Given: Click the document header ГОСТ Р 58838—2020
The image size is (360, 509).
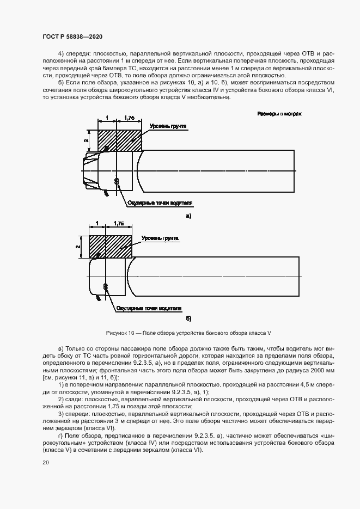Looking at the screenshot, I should click(x=72, y=36).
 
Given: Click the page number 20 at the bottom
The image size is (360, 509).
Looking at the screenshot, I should click(x=46, y=462).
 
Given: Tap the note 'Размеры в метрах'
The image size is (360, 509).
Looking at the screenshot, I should click(x=279, y=114).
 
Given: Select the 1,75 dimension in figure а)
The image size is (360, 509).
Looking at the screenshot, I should click(x=129, y=117).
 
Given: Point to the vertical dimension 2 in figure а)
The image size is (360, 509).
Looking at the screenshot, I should click(x=86, y=140).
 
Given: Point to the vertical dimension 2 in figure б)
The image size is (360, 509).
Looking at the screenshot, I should click(x=78, y=247).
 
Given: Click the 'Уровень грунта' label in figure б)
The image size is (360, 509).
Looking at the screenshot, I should click(x=160, y=238).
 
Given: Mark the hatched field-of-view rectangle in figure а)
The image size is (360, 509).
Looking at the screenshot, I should click(x=119, y=140).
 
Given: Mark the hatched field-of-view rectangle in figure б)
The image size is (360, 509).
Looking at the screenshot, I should click(x=111, y=247).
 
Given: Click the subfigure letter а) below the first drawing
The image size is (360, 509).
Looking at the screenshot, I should click(x=188, y=216).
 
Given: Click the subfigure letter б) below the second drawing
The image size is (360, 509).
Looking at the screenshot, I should click(x=188, y=318).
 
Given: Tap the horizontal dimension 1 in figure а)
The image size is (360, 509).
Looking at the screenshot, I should click(x=107, y=117).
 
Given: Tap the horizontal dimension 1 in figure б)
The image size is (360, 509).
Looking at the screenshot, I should click(x=97, y=223).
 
